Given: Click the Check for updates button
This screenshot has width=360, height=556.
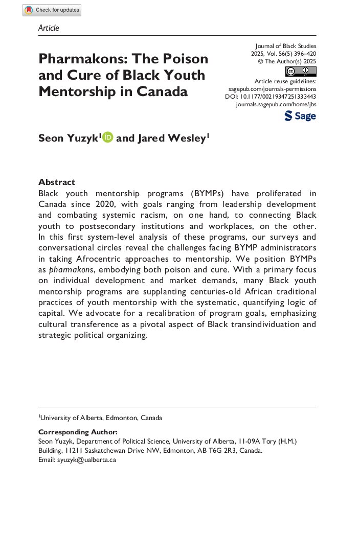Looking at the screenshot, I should coord(52,10).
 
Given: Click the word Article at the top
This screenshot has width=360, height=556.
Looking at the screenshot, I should coord(49,28).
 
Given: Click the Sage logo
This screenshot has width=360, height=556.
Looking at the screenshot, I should coord(300,116).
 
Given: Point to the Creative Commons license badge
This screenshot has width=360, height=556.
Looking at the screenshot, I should coord(301,71).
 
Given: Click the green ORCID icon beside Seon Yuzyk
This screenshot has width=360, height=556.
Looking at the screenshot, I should coord(107,137).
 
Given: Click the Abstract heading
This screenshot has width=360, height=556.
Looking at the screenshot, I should coord(57,182).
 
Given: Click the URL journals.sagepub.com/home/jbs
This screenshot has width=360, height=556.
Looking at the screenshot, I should coord(276,104).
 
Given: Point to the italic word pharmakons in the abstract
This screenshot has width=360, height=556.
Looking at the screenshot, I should coord(72,270).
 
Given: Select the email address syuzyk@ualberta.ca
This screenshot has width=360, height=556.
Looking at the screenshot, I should coord(86,459).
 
